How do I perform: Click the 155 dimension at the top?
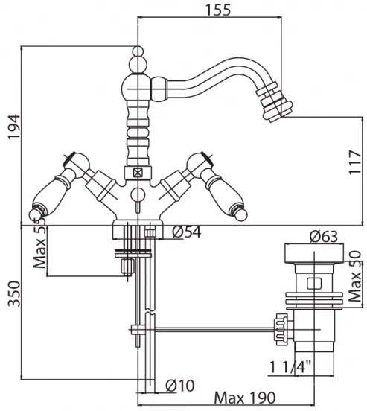coord(218,10)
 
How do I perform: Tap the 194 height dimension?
coord(13,127)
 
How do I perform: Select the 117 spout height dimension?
coord(355,162)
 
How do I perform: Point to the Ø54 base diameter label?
coord(187,232)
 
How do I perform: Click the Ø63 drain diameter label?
coord(323,237)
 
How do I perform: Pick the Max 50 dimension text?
coord(355,276)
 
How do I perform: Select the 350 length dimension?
coord(14,293)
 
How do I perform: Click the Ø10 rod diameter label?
coord(180,386)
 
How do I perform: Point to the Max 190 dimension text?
coord(245,398)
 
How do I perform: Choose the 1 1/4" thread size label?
coord(290,367)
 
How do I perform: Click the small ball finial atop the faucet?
coord(138,51)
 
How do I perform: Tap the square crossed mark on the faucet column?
coord(138,173)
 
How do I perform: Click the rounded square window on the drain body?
coord(314,284)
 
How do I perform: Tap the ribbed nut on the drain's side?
coord(281,329)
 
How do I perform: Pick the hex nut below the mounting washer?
coord(127,267)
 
